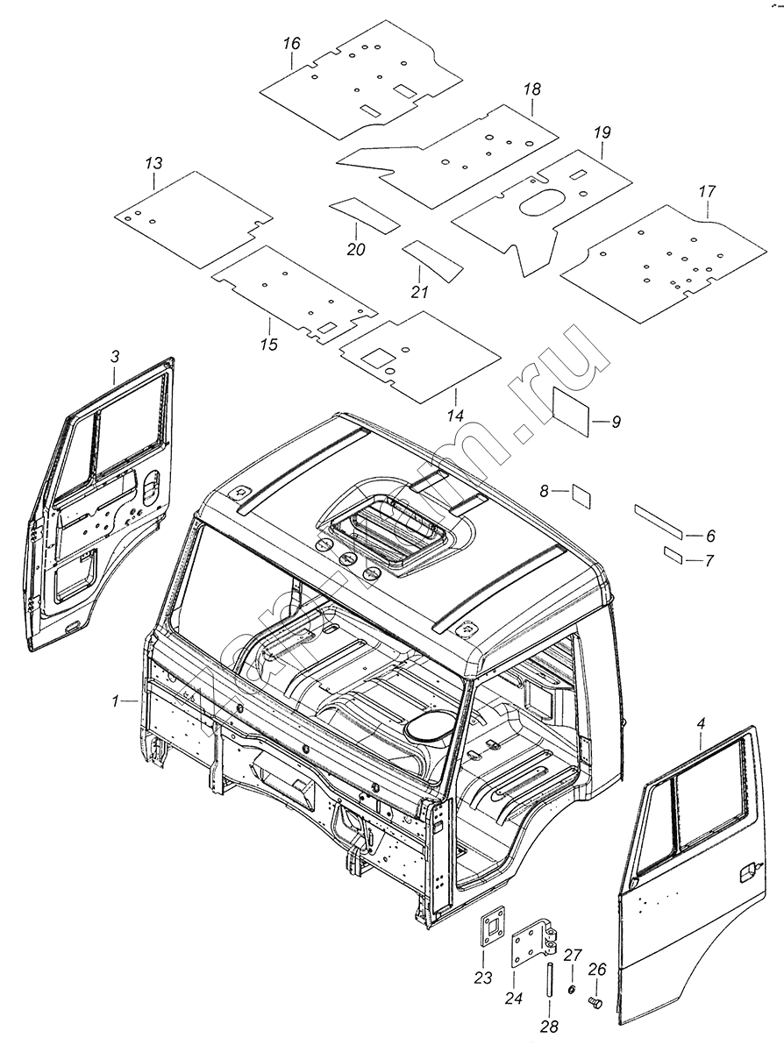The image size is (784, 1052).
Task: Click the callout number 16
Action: click(292, 43)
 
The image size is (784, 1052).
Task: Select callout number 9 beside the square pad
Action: click(616, 422)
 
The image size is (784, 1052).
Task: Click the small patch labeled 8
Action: click(581, 494)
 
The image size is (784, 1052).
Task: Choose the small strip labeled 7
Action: click(674, 554)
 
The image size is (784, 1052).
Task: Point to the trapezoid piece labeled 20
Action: click(364, 213)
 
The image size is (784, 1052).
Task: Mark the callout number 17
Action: click(708, 191)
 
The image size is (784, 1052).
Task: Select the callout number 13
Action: click(153, 164)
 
